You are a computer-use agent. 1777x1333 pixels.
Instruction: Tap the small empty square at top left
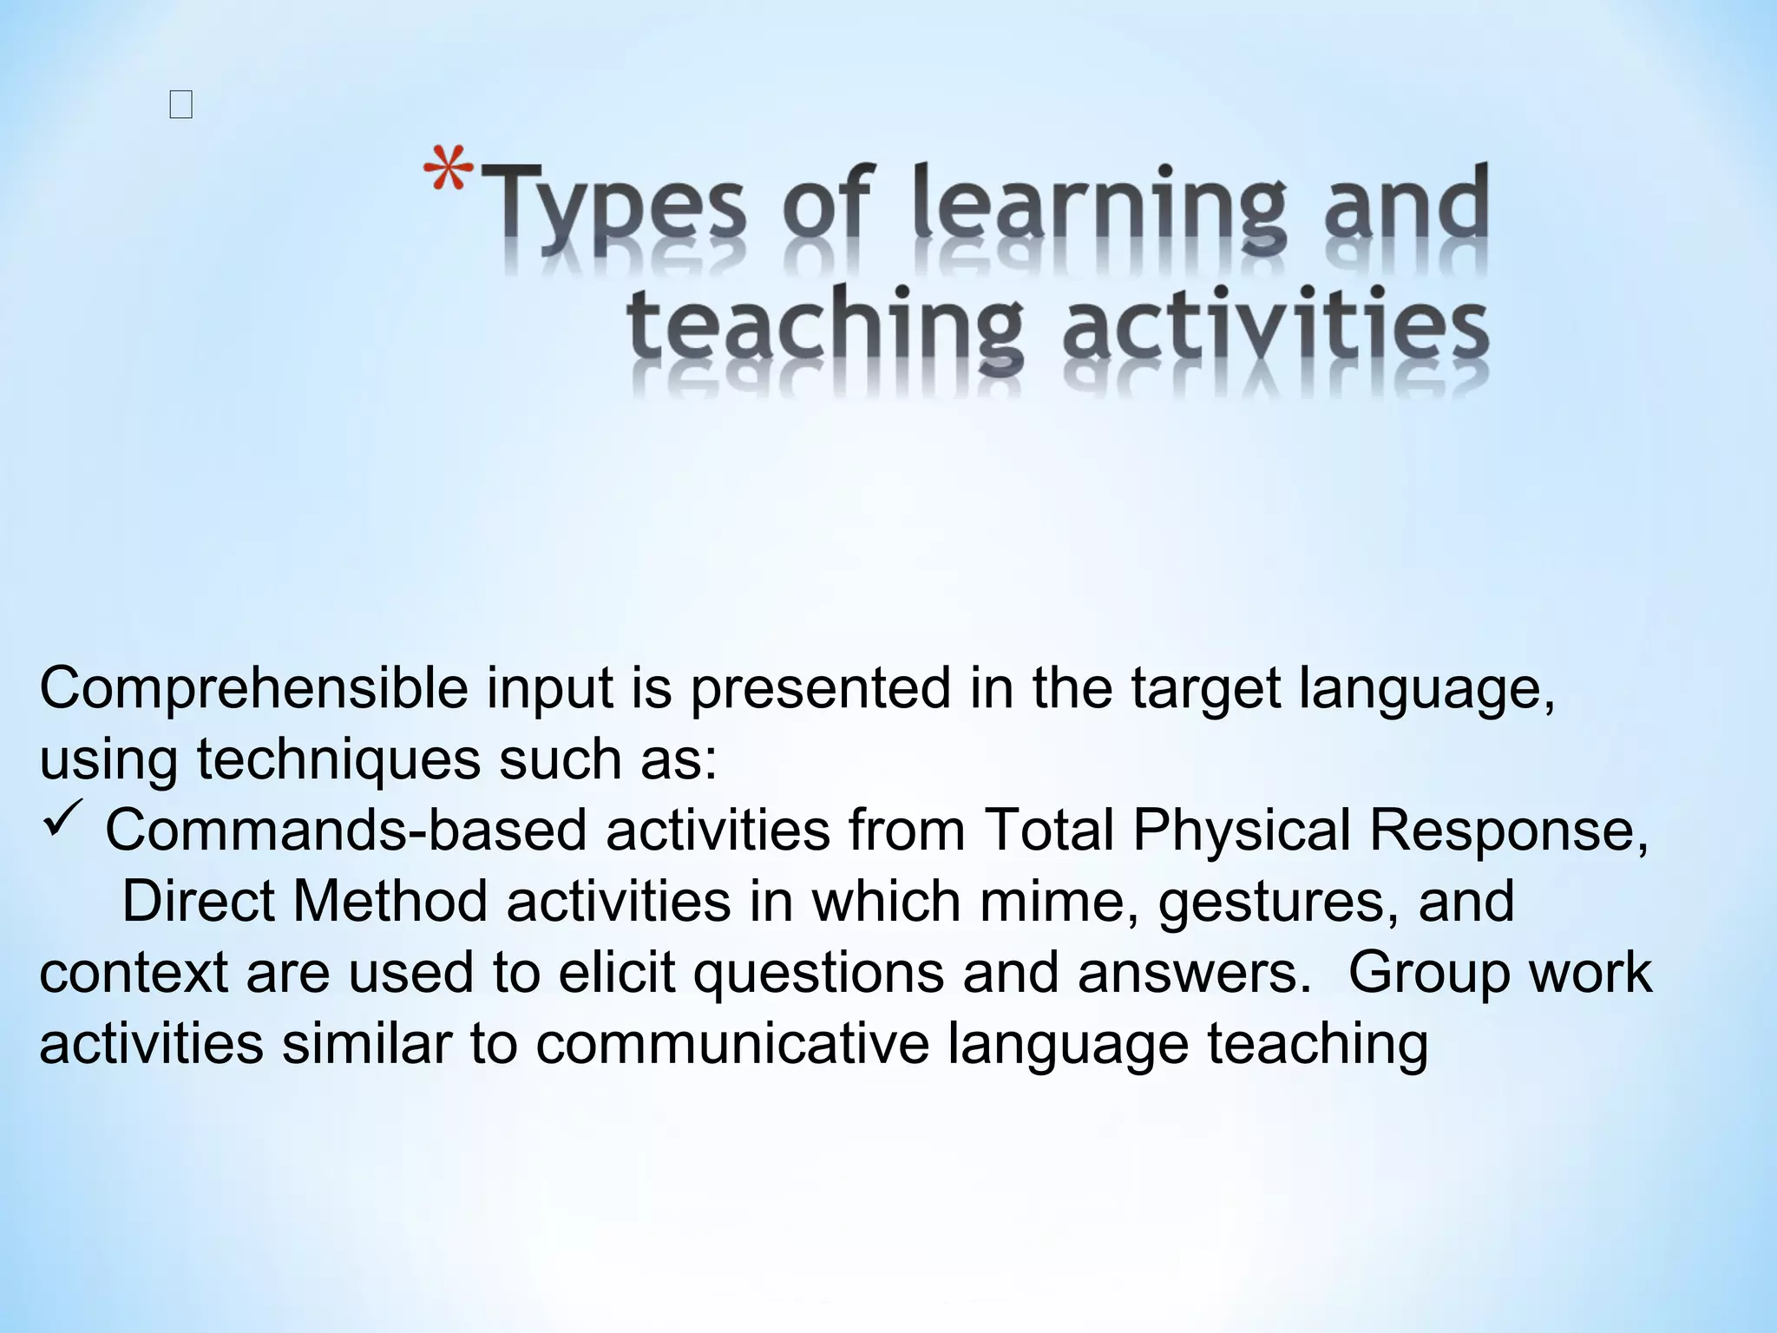(181, 106)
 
